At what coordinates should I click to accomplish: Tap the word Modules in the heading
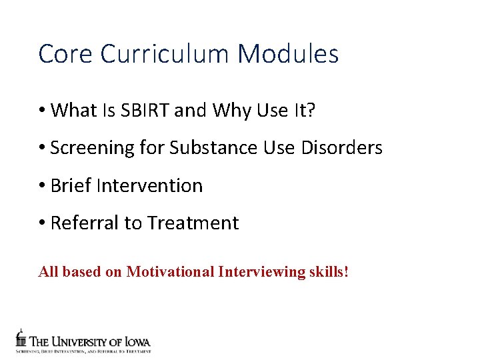[288, 54]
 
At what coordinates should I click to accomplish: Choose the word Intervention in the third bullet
[149, 185]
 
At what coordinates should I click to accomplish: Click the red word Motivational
[170, 272]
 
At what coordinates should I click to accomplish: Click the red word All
[47, 272]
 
